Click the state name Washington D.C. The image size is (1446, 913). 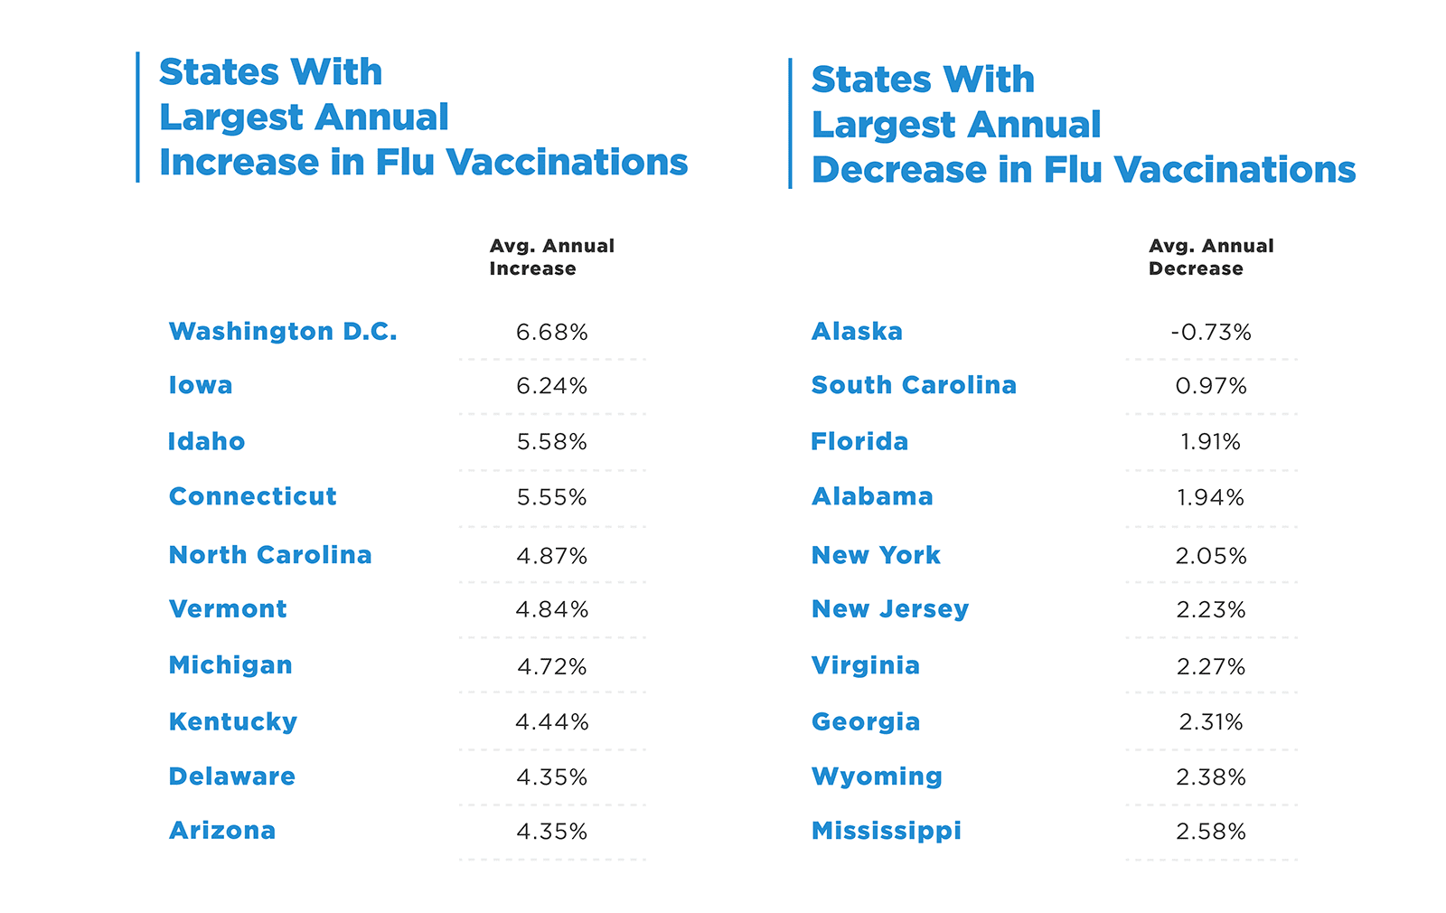[283, 332]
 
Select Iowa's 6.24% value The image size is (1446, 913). [551, 387]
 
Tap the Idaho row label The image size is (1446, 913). [206, 442]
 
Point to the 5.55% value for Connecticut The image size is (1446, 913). [551, 497]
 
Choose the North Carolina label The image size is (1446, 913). [270, 555]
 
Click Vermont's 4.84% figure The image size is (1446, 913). [551, 610]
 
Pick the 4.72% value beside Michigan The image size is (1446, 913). [551, 667]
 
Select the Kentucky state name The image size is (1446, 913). [233, 722]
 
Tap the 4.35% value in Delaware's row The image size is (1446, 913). [551, 777]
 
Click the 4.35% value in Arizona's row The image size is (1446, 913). [551, 832]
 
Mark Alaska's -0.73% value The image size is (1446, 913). [1210, 333]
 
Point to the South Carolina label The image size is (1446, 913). [914, 385]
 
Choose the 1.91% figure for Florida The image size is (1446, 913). [1210, 442]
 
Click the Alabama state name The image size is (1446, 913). [872, 497]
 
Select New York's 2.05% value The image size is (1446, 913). [1210, 556]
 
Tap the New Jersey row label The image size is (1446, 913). [890, 610]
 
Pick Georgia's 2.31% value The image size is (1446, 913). [1210, 722]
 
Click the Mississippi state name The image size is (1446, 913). [887, 832]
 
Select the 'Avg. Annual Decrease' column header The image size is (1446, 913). [1210, 258]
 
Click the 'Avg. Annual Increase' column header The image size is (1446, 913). [551, 258]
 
